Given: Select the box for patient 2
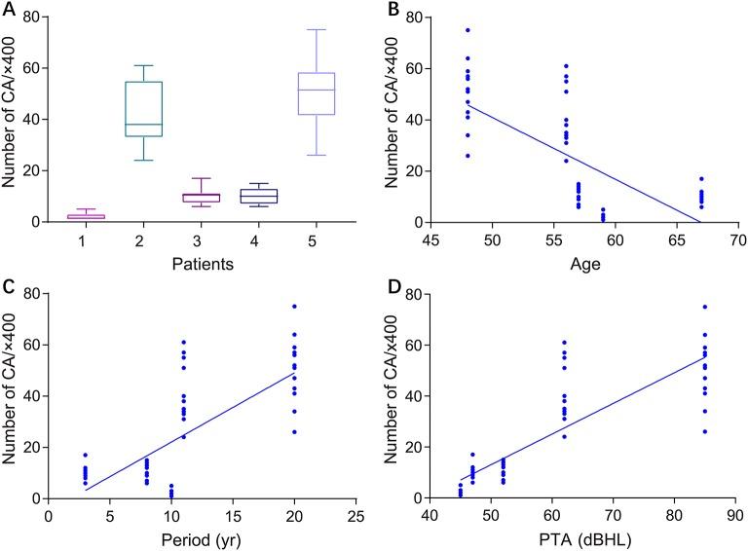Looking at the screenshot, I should click(176, 109).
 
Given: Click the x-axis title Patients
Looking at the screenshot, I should click(209, 262).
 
